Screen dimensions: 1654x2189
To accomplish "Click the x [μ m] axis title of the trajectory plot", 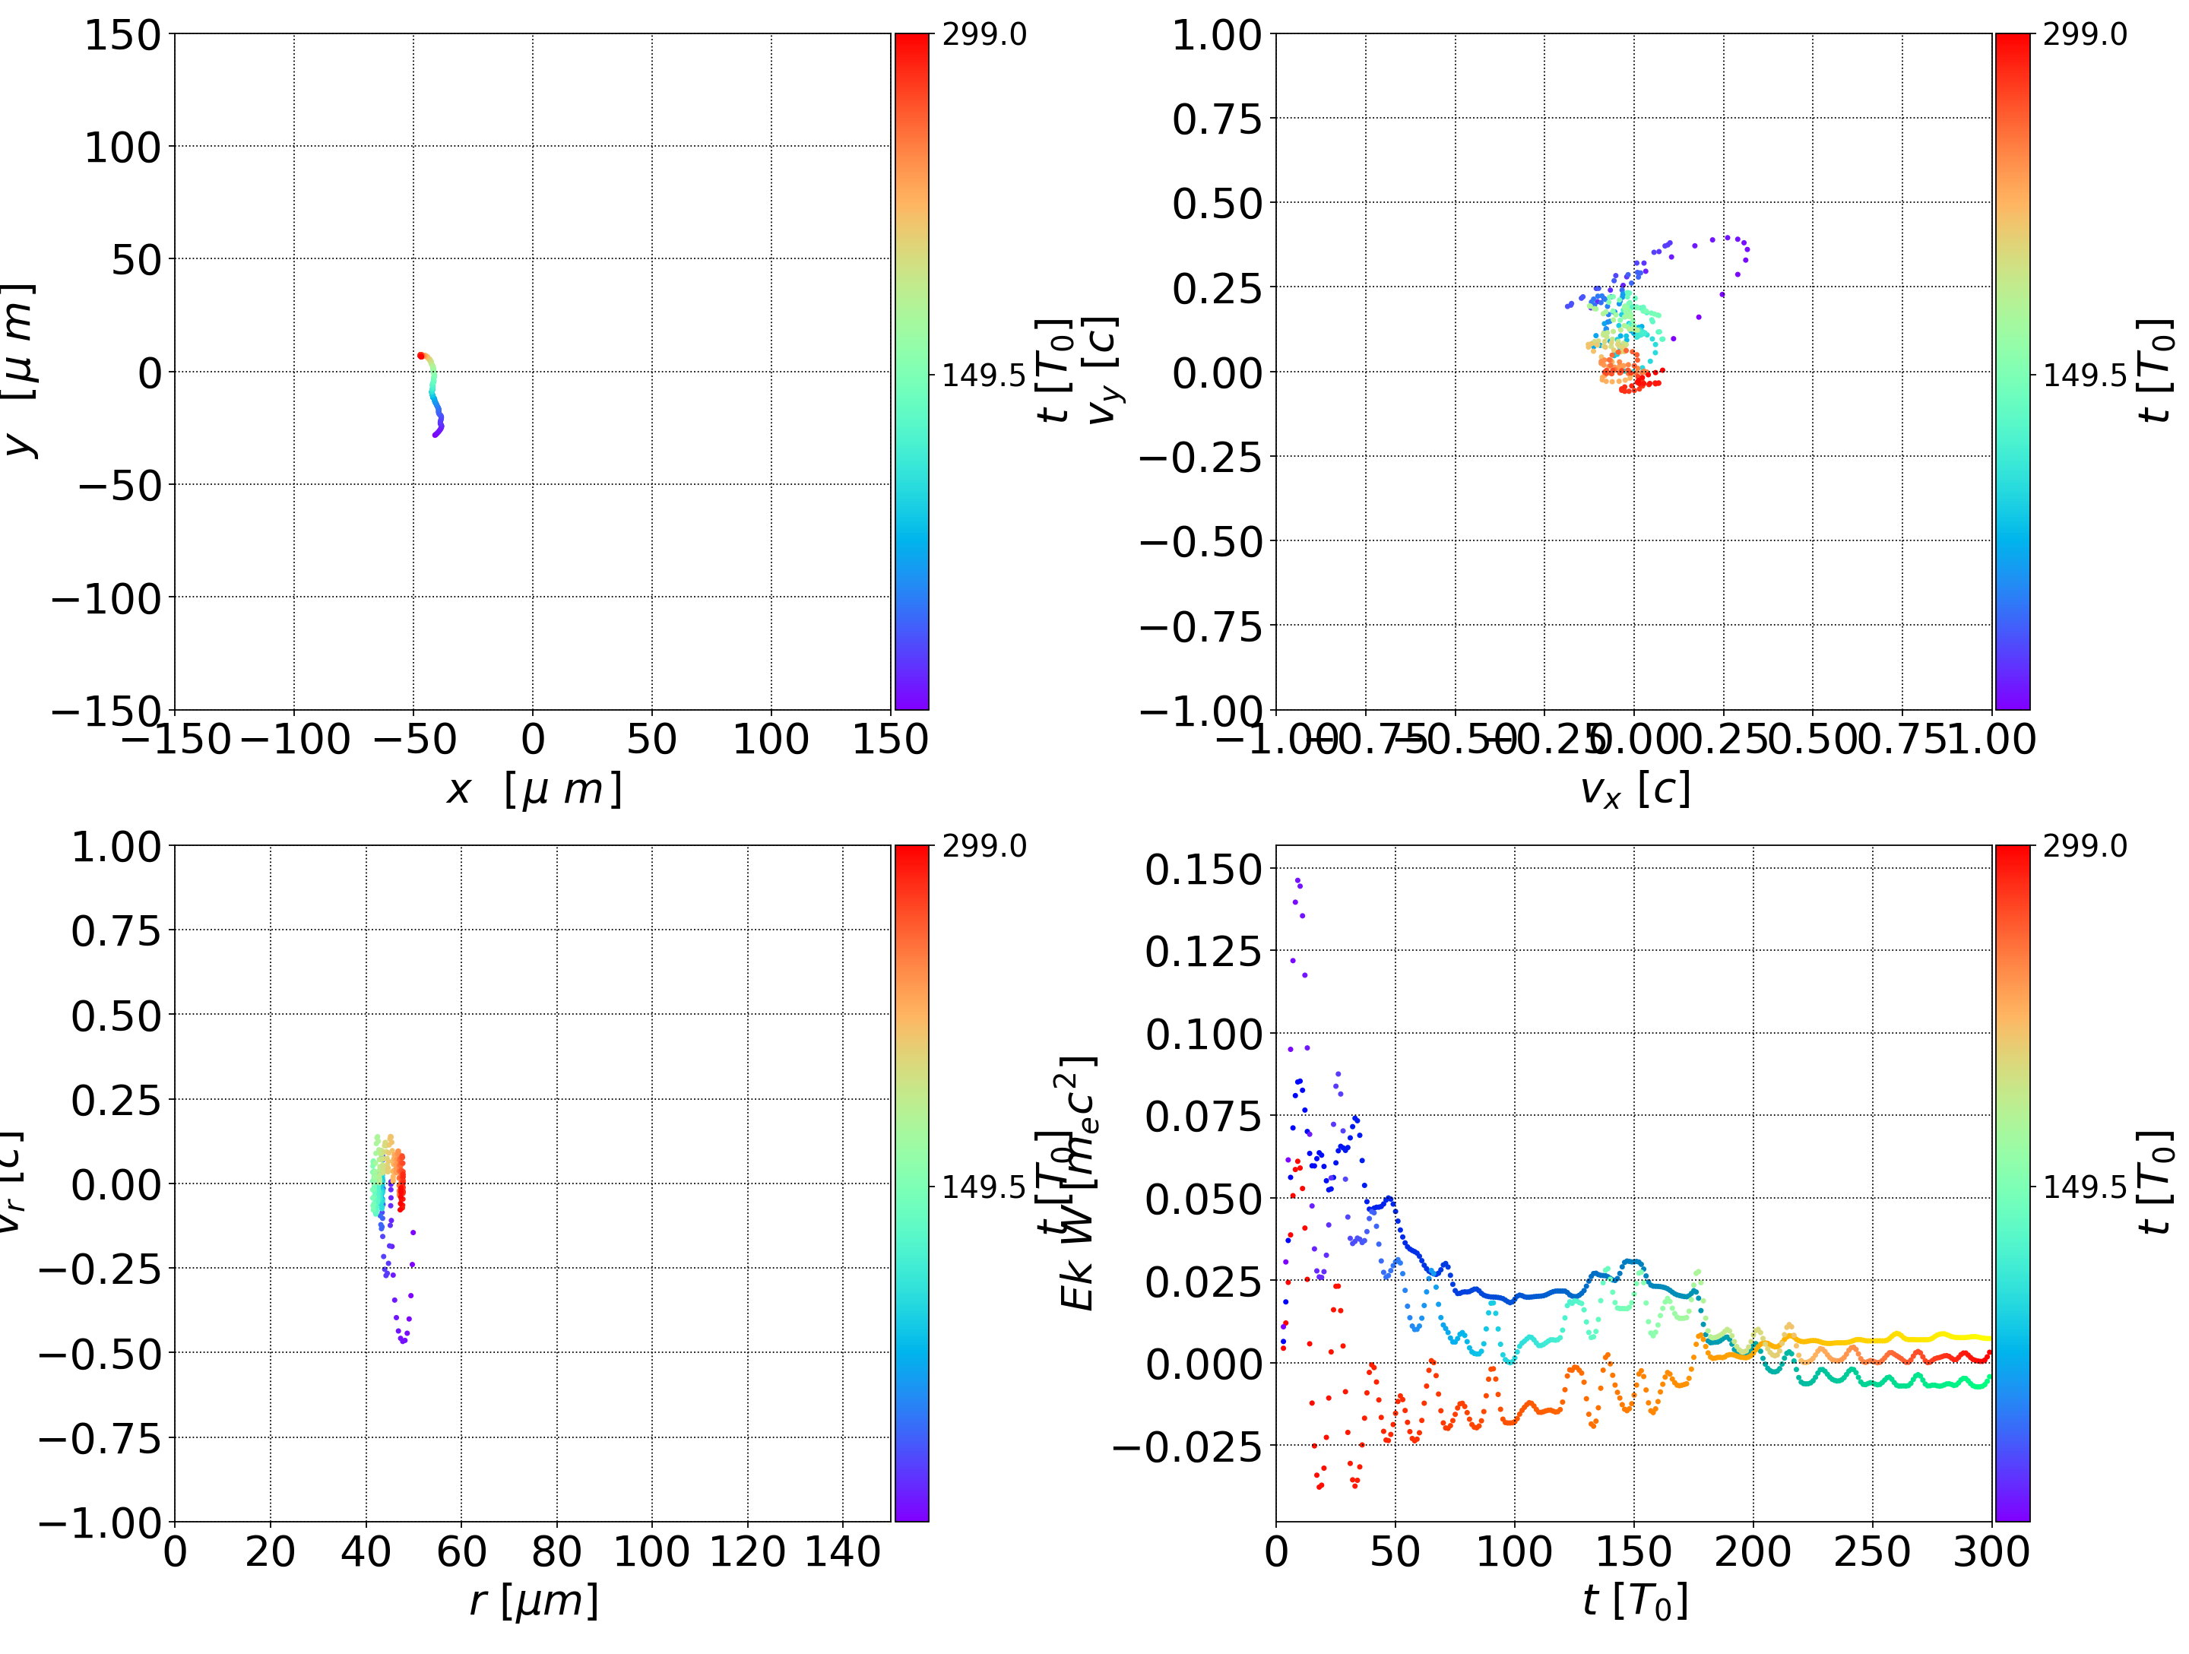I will click(x=534, y=790).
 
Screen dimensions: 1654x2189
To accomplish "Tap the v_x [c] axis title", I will click(x=1634, y=790).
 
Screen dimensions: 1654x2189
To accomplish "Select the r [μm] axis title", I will click(x=534, y=1601).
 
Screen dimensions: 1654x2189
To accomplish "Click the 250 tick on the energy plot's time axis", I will click(x=1871, y=1551).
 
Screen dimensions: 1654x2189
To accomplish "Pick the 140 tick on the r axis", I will click(x=842, y=1551).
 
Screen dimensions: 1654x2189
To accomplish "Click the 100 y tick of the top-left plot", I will click(x=122, y=147).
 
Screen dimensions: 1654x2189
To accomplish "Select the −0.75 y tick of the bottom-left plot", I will click(x=99, y=1438).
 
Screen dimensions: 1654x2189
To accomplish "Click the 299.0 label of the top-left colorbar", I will click(x=984, y=35).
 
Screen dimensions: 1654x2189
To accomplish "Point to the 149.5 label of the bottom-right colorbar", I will click(x=2085, y=1186).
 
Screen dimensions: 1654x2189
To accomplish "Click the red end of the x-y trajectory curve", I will click(x=420, y=355).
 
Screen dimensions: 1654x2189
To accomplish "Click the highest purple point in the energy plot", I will click(x=1297, y=879).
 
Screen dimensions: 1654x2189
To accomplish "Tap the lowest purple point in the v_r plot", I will click(x=404, y=1342).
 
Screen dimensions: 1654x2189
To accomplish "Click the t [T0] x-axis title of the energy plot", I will click(x=1634, y=1601).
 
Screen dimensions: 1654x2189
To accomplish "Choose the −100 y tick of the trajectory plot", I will click(x=106, y=599).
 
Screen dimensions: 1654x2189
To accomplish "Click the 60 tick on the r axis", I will click(x=461, y=1551).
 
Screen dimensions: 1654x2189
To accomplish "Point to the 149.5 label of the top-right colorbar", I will click(x=2085, y=375).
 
